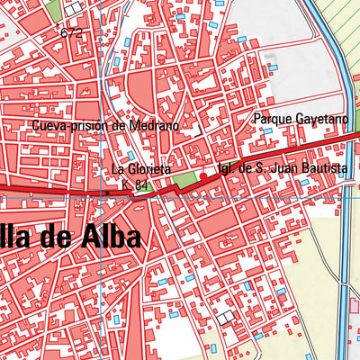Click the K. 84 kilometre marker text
tap(135, 185)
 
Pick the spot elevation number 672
tap(72, 33)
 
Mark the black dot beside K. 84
tap(106, 192)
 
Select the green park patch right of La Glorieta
tap(184, 181)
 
